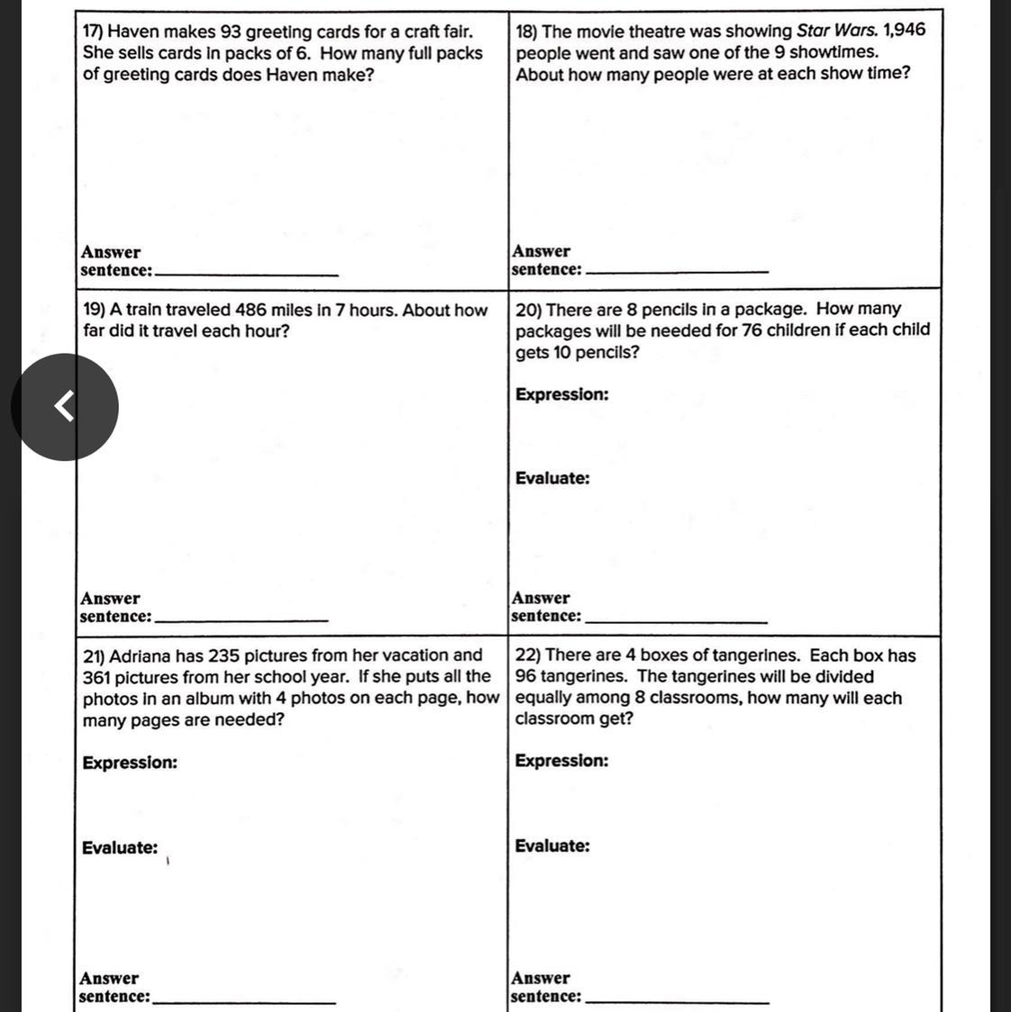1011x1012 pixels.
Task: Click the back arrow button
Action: pos(64,407)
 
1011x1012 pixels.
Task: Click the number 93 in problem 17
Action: pos(231,32)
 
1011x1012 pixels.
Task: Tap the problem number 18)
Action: pos(527,31)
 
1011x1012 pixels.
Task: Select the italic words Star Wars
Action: pos(837,31)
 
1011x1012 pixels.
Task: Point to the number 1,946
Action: pos(905,31)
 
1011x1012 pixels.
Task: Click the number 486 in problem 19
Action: pos(250,311)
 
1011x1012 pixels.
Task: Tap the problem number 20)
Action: pos(528,310)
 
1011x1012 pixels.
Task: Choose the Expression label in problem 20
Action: pos(561,394)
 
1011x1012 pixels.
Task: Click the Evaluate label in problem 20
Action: pos(552,478)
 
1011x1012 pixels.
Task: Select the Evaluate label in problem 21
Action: pos(119,847)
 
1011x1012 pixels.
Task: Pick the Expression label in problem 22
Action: pos(561,761)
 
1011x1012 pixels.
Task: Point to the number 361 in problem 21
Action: pos(99,677)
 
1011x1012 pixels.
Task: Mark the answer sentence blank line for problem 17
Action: pos(247,273)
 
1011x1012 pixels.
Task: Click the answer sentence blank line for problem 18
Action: pos(677,270)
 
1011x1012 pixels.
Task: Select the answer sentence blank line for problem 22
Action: pos(678,1000)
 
